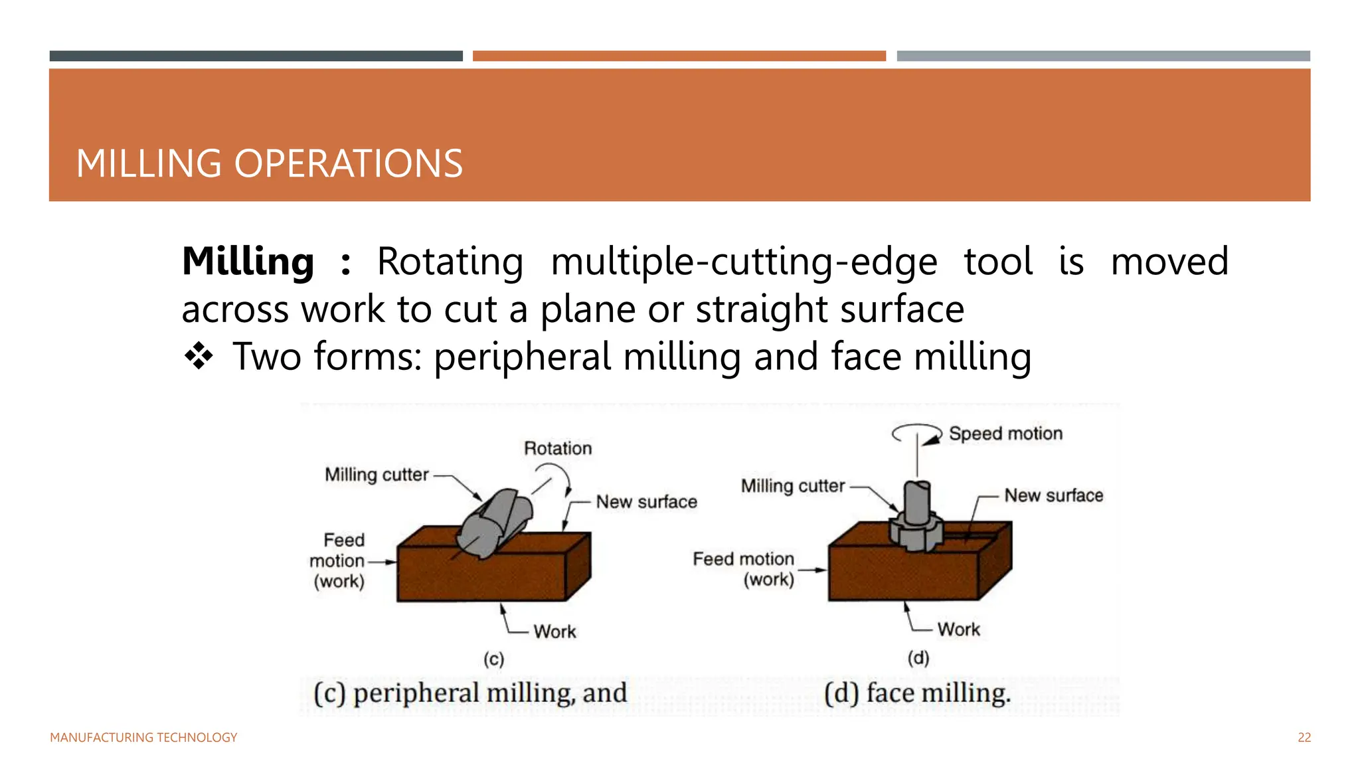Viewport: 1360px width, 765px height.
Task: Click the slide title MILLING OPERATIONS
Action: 269,163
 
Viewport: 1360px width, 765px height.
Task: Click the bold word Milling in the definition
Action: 248,261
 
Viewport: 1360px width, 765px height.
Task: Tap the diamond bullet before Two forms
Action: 199,357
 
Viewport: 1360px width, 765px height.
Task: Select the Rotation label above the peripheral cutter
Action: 558,448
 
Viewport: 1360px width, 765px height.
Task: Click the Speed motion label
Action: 1005,434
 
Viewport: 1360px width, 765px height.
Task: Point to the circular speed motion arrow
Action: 916,434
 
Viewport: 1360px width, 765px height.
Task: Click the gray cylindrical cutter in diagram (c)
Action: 495,525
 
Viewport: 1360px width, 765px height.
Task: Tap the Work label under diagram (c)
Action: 554,632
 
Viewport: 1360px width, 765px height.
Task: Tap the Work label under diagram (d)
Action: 958,630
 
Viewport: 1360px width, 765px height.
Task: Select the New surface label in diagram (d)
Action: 1053,495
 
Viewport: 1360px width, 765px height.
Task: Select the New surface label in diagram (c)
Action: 646,502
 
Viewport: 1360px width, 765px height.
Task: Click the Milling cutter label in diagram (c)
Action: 377,475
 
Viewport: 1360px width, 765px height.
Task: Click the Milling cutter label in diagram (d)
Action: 793,486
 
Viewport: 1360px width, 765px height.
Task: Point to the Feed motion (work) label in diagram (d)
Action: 744,569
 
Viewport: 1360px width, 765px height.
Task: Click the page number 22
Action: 1304,738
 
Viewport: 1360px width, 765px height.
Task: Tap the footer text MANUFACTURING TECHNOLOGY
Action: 143,738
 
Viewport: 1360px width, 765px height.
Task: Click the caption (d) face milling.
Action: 917,693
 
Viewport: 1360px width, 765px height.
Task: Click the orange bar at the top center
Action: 679,56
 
